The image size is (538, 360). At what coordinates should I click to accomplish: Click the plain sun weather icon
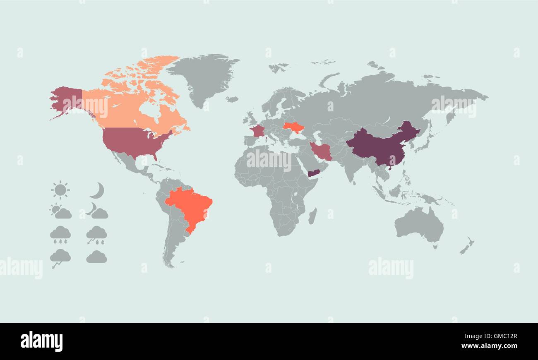(x=60, y=190)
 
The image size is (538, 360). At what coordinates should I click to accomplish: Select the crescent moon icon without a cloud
(x=97, y=190)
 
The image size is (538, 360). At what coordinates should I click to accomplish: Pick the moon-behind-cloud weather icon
(x=97, y=211)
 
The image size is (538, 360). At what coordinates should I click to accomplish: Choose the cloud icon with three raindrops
(x=60, y=234)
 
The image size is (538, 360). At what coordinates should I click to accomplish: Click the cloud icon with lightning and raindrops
(x=96, y=235)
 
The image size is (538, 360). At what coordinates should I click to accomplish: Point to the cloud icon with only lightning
(x=60, y=257)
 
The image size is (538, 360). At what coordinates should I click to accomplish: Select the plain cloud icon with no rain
(x=96, y=257)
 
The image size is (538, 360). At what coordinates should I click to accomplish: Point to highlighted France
(x=257, y=131)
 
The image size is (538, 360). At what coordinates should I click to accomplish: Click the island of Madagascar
(x=313, y=216)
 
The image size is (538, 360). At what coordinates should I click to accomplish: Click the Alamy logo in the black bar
(x=41, y=341)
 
